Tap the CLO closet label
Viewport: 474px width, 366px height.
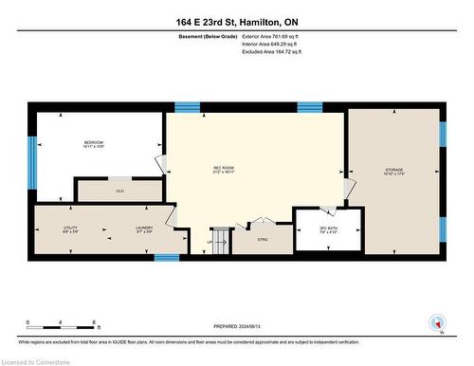(x=119, y=191)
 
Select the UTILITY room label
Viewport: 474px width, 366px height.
(x=71, y=229)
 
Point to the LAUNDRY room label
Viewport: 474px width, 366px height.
(x=144, y=229)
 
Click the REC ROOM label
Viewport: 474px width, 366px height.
(x=224, y=172)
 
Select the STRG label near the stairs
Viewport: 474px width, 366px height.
(x=263, y=240)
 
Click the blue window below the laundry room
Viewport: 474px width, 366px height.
(x=167, y=257)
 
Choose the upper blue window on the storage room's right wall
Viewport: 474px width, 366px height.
(x=443, y=134)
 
